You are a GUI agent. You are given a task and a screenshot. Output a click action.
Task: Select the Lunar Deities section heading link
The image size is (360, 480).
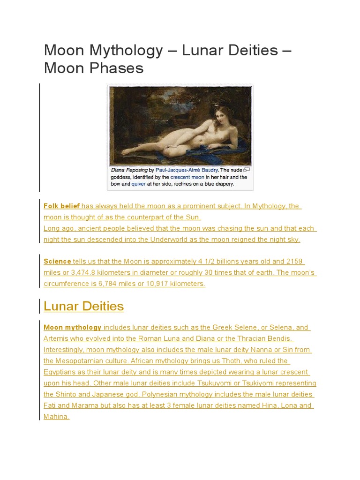click(x=83, y=306)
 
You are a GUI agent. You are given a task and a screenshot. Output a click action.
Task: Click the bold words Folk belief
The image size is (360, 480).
click(x=61, y=206)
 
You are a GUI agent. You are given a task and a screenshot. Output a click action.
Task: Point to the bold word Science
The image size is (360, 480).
click(x=57, y=261)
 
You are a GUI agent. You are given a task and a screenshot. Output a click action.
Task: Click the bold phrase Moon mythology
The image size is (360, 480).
click(x=72, y=327)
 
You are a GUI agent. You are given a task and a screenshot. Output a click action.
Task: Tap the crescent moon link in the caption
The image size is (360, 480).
click(x=187, y=178)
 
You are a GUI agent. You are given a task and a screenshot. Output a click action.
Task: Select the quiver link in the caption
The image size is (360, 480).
click(x=139, y=184)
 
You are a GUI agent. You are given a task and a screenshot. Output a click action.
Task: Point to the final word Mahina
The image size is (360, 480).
click(x=55, y=416)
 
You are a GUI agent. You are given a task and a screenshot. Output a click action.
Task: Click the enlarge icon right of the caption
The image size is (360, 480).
click(x=247, y=169)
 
